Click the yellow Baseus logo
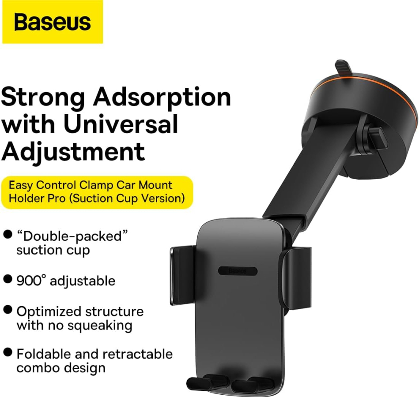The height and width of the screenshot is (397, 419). [x=53, y=22]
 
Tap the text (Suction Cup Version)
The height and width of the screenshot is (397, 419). [x=127, y=198]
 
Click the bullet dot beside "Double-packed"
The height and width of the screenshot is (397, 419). [x=8, y=235]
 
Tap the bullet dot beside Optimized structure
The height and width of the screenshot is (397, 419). [x=8, y=310]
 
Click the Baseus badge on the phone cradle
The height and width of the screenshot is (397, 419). [x=238, y=271]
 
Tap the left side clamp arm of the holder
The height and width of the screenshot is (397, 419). [x=183, y=276]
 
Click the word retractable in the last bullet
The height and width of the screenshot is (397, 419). [x=138, y=354]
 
